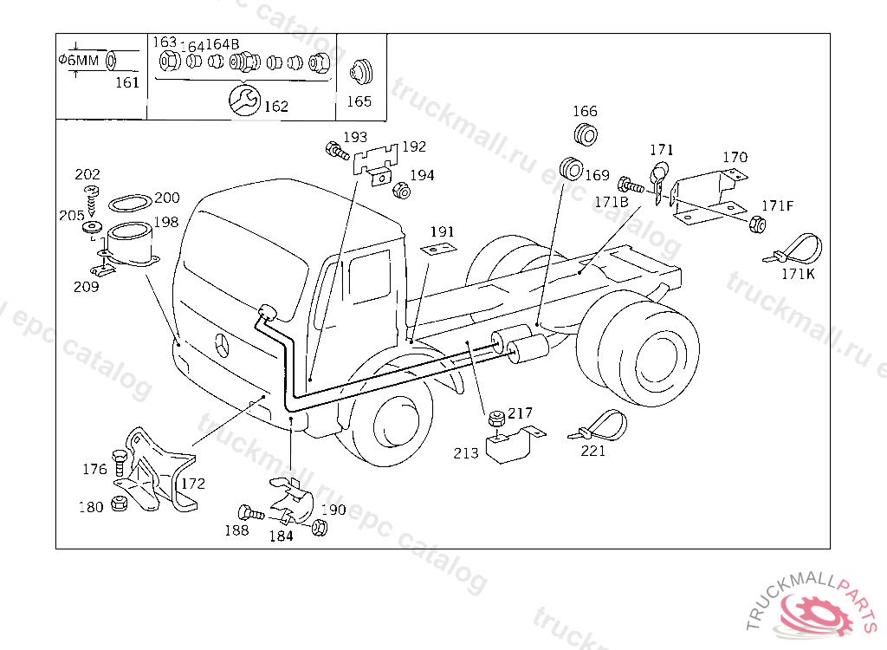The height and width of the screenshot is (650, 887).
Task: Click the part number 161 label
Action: coord(126,83)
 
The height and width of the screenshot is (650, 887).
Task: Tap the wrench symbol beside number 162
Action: coord(243,100)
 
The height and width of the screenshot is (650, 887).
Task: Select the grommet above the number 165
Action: coord(359,72)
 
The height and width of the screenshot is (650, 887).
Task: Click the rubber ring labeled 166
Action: coord(586,135)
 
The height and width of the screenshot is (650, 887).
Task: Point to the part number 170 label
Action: coord(735,158)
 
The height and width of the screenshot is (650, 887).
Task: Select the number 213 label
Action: coord(465,453)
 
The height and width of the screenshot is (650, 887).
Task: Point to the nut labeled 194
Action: coord(401,190)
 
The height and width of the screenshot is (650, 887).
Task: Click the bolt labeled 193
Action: coord(334,152)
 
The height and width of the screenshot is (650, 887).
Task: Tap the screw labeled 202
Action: coord(88,195)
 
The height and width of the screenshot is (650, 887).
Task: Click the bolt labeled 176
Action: coord(120,459)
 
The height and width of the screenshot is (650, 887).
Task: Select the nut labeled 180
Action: coord(119,505)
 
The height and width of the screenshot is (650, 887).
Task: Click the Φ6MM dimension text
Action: coord(80,60)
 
